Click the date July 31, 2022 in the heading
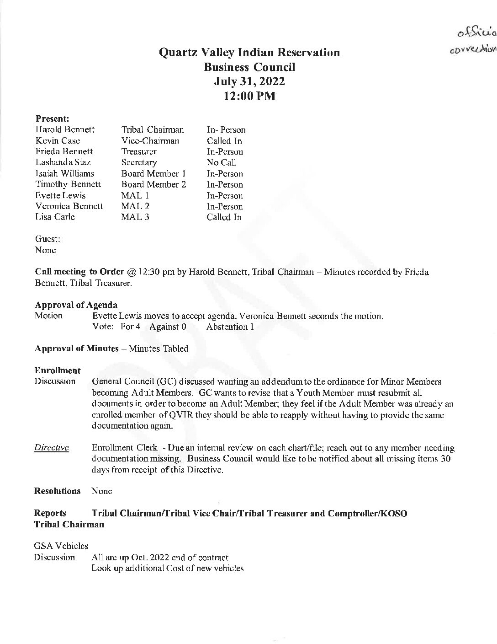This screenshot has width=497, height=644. (249, 81)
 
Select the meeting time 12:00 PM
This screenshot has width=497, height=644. (249, 97)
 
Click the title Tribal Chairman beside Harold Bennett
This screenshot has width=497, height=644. (153, 129)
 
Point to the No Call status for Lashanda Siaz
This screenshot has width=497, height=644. (222, 162)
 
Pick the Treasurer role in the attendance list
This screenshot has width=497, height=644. (139, 151)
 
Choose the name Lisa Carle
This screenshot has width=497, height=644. (55, 217)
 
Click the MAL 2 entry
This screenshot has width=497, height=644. (135, 206)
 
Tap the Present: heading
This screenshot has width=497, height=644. (53, 118)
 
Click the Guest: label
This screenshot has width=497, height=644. (48, 239)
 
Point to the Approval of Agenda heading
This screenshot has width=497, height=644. (76, 305)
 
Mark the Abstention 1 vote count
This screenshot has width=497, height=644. (230, 327)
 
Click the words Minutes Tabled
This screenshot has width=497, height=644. (159, 349)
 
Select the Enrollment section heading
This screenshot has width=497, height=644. (58, 370)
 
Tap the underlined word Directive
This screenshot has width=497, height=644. (52, 447)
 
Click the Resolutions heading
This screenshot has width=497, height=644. (58, 491)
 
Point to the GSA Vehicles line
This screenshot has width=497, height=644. (61, 546)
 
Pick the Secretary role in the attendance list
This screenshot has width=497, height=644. (139, 162)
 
